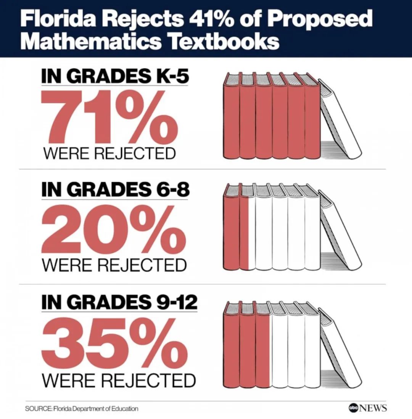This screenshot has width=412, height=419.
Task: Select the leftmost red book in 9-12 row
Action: (231, 345)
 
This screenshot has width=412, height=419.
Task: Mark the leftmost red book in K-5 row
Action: (231, 118)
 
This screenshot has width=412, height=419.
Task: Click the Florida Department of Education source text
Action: (95, 409)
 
